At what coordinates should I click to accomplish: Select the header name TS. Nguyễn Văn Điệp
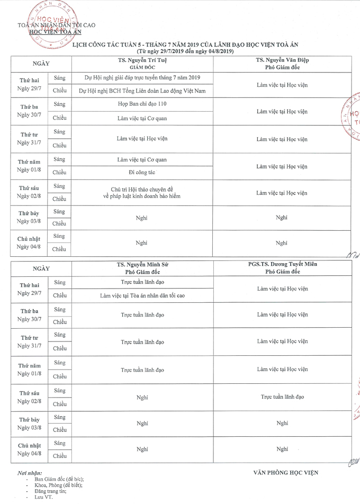click(282, 60)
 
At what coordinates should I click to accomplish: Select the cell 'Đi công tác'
click(142, 173)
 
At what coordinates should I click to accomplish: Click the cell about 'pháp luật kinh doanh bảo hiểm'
click(142, 196)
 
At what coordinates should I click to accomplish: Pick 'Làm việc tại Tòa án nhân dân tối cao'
click(142, 295)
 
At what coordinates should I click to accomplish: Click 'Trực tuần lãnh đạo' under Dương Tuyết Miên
click(282, 397)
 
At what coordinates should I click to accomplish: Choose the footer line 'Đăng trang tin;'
click(51, 491)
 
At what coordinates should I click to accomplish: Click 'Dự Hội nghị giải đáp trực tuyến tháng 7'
click(142, 78)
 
